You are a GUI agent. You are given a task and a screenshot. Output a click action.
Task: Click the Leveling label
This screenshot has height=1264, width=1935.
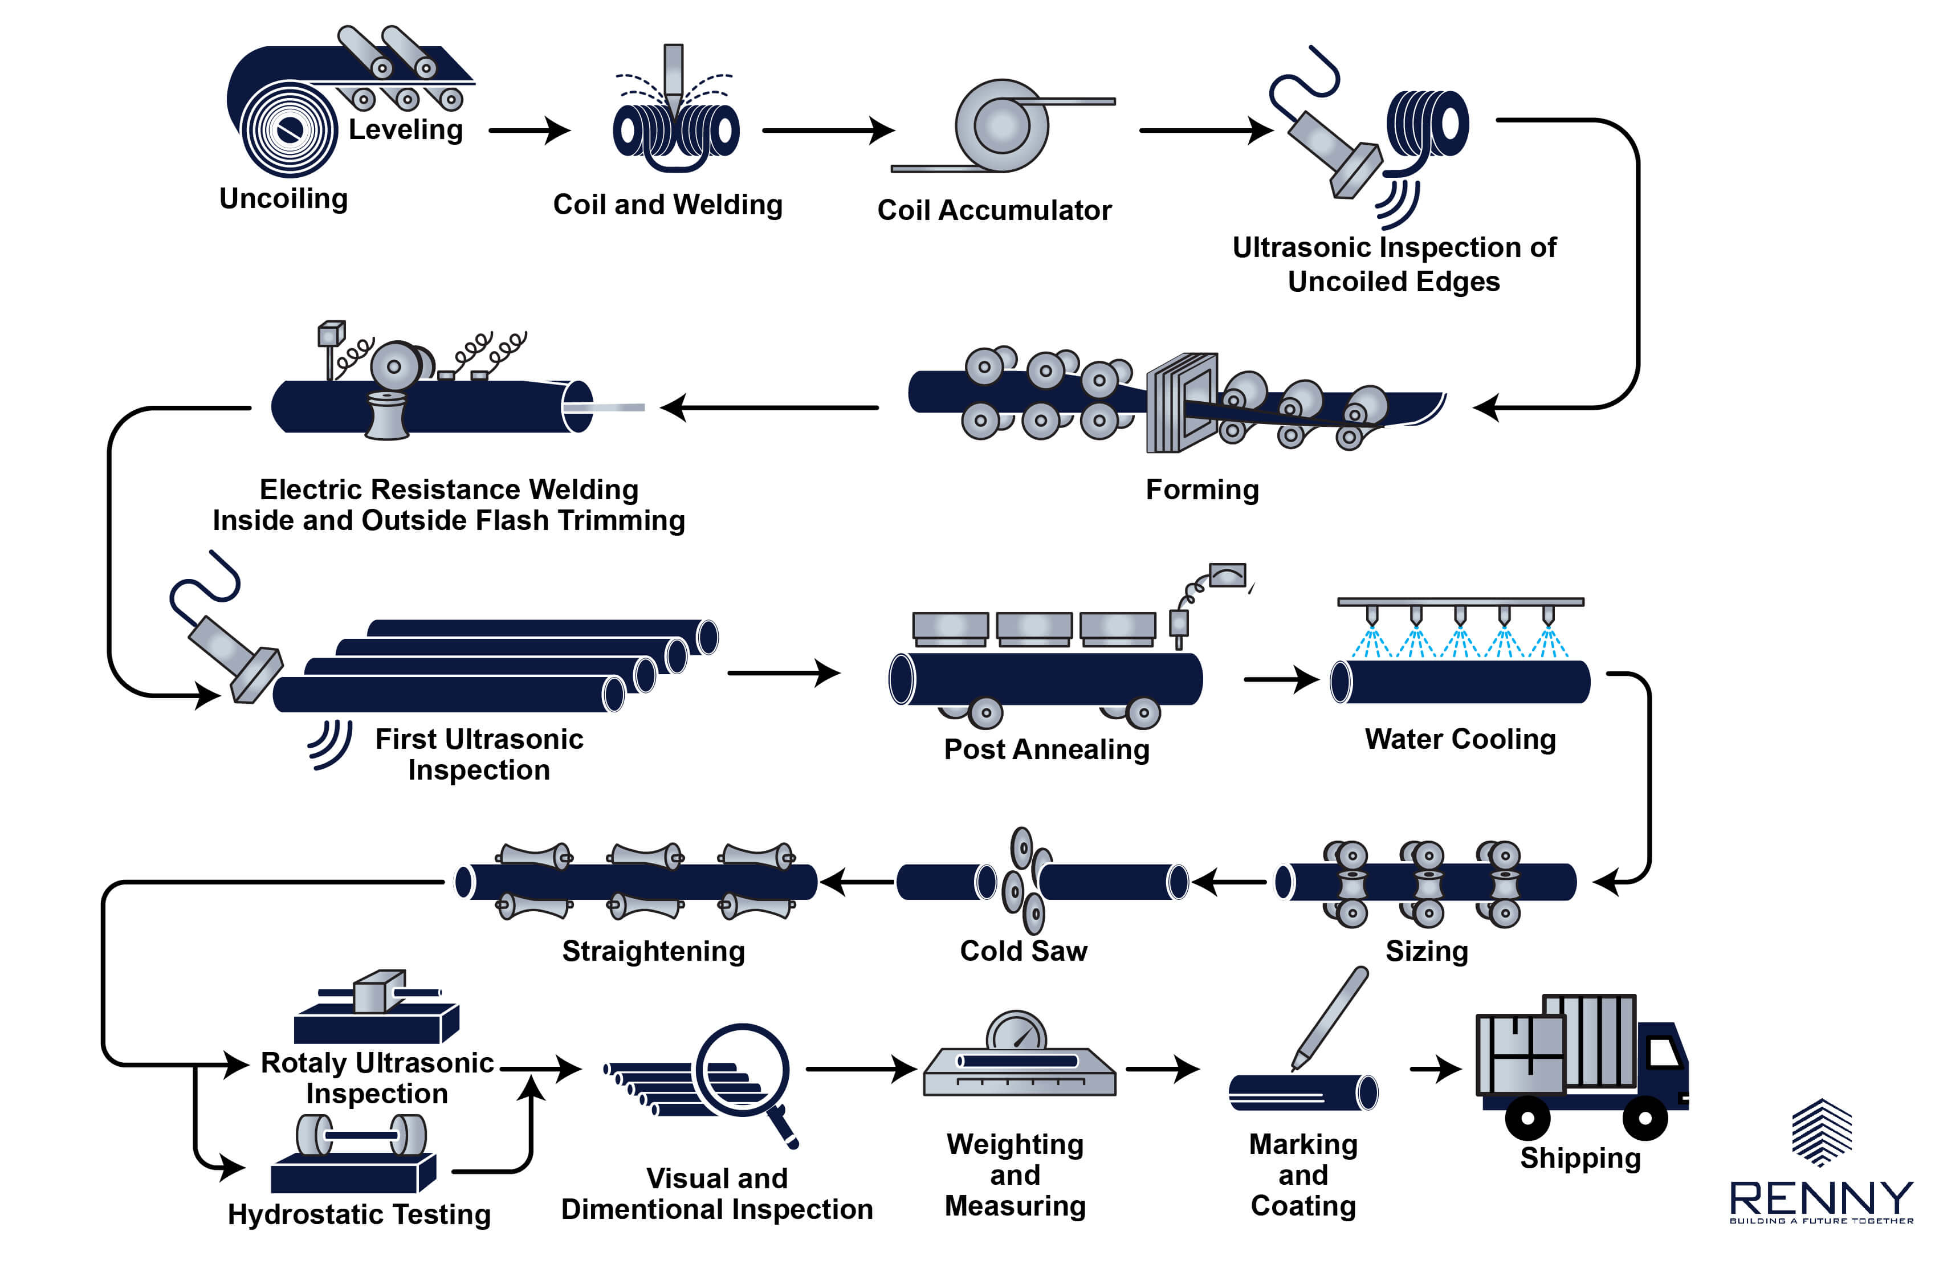[406, 130]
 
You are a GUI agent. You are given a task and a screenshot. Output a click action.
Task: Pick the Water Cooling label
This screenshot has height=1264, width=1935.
[1460, 740]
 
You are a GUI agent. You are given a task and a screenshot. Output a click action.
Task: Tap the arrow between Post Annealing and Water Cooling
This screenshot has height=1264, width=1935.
[1281, 679]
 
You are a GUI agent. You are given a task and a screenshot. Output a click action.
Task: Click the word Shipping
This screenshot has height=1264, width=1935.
[1580, 1157]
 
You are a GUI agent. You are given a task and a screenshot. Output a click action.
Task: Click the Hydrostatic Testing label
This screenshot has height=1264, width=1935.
[359, 1214]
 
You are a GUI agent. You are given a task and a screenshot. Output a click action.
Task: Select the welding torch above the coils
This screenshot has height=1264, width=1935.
[673, 78]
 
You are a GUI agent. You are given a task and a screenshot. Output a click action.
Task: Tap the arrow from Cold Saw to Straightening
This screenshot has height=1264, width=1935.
[857, 882]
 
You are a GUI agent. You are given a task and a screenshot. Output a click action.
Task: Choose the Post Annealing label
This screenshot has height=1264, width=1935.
[1046, 749]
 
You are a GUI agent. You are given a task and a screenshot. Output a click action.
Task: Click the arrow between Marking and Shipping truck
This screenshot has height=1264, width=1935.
[1435, 1069]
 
